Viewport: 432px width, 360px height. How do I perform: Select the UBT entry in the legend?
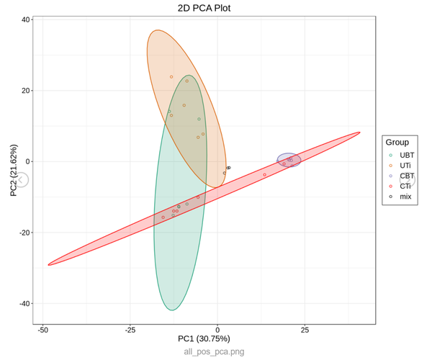406,156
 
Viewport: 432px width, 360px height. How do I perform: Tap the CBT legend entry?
406,176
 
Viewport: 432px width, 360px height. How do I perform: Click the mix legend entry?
405,196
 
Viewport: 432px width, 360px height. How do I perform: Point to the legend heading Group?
397,143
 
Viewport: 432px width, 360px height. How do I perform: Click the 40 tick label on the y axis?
26,20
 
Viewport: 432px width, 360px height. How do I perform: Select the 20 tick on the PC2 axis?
26,91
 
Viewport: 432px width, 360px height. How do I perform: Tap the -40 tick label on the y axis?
24,303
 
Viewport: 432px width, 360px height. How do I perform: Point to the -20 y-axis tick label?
24,233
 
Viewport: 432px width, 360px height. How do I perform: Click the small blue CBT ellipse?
289,160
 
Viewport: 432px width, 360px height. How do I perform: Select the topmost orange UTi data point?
171,77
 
